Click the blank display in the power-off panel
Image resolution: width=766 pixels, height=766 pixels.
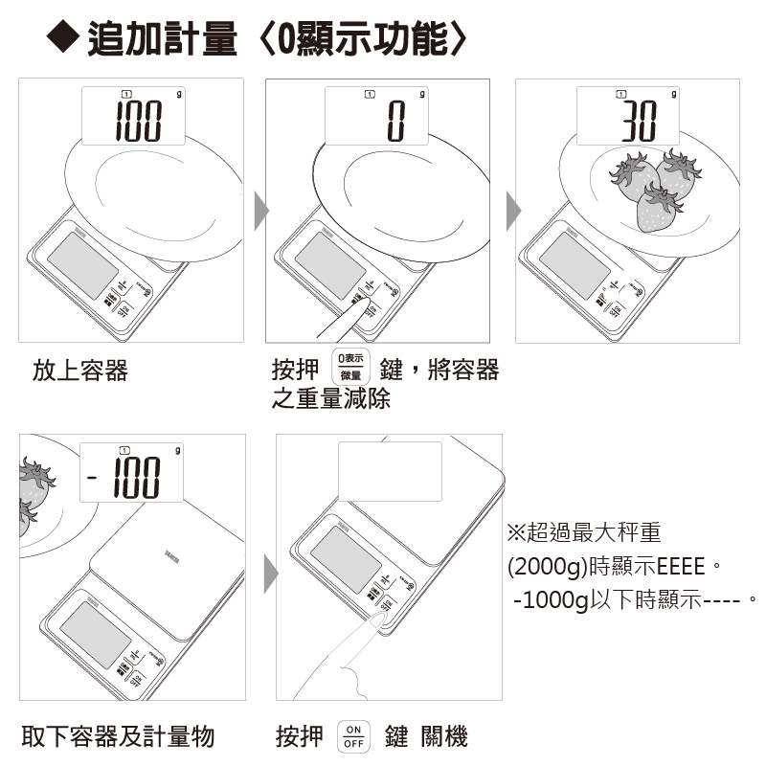(391, 471)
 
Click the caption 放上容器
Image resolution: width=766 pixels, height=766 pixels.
(80, 372)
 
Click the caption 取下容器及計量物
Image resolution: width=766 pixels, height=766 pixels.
(118, 736)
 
